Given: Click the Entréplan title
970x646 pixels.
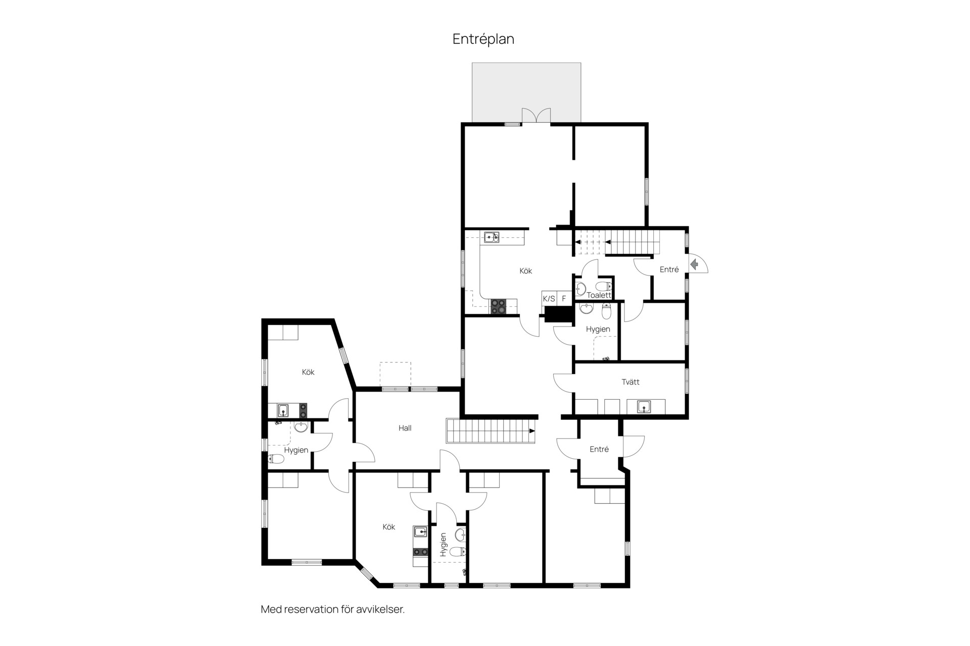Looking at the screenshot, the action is (x=483, y=39).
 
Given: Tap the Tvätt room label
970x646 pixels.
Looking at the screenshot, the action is (x=630, y=382).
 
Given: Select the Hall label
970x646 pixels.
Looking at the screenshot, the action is (x=405, y=428).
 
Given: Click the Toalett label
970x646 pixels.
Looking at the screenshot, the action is (x=599, y=295).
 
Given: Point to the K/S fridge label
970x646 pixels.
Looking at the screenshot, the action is (x=549, y=299).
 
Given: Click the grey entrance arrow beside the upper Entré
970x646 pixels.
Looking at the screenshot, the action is (x=695, y=263).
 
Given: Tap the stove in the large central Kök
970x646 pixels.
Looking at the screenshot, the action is (x=498, y=307).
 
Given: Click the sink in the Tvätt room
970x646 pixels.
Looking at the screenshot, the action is (x=643, y=406).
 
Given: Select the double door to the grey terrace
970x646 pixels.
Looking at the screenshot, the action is (x=536, y=116).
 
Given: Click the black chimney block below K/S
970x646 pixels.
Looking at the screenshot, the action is (x=558, y=314).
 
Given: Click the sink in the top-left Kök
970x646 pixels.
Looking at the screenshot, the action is (x=283, y=410).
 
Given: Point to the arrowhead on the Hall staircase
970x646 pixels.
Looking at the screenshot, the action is (x=532, y=431).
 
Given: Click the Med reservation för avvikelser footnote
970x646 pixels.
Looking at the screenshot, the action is (x=332, y=609).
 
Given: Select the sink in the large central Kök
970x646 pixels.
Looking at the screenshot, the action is (x=492, y=237).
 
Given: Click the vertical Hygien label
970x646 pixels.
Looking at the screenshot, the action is (x=443, y=545).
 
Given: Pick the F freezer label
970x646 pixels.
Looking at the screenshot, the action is (x=564, y=299).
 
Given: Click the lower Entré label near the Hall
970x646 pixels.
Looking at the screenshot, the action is (x=599, y=449).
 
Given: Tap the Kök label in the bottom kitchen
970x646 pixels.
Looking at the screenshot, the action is (x=389, y=527).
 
